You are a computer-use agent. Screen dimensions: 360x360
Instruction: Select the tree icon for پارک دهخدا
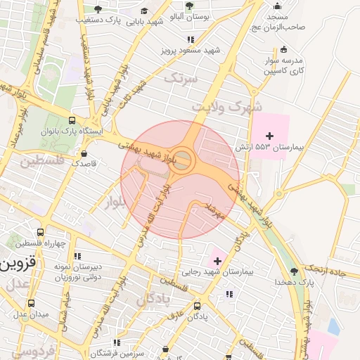pyautogui.click(x=293, y=271)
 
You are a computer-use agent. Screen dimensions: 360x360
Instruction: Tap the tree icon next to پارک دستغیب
pyautogui.click(x=97, y=9)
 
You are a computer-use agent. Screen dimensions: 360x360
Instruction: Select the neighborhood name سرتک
pyautogui.click(x=179, y=79)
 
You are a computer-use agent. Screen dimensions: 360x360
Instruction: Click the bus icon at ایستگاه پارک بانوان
pyautogui.click(x=72, y=120)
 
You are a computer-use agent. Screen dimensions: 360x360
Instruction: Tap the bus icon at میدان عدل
pyautogui.click(x=30, y=303)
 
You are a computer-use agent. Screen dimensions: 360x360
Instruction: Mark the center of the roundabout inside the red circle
pyautogui.click(x=184, y=159)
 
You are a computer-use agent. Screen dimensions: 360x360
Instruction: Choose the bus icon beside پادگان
pyautogui.click(x=197, y=306)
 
